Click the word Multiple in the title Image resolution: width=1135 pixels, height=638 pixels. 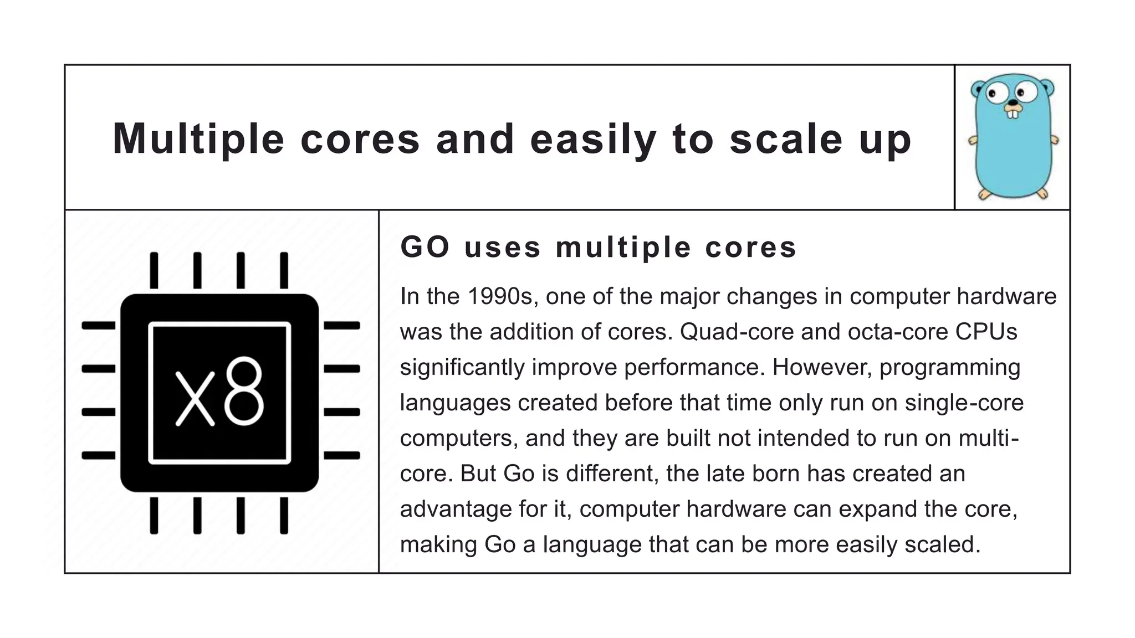tap(198, 139)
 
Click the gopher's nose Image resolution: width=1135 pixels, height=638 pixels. tap(1013, 102)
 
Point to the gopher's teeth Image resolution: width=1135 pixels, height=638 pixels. tap(1013, 114)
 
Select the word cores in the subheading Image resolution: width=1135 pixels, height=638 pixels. tap(750, 247)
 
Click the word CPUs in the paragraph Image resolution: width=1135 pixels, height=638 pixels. tap(986, 332)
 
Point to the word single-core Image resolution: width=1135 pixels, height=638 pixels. tap(964, 403)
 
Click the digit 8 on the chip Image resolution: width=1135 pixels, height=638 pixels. tap(244, 391)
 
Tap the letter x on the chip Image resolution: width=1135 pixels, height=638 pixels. tap(195, 398)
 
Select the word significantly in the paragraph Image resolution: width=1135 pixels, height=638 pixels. tap(462, 367)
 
